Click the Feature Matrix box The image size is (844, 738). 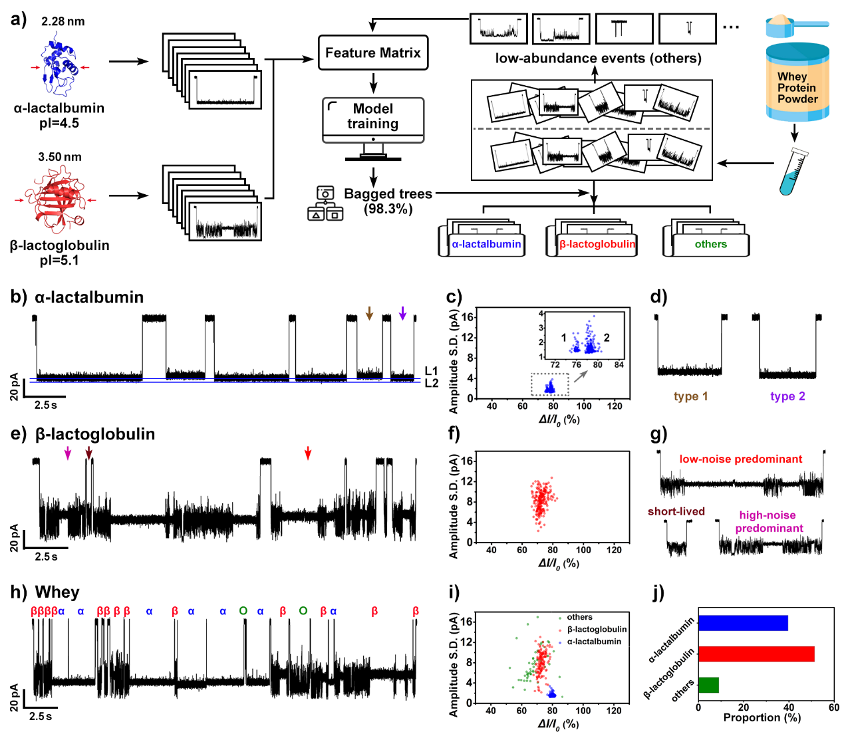[372, 53]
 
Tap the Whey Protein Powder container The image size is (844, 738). [797, 83]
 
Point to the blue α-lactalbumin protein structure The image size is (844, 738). [59, 66]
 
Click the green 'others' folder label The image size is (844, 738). [710, 244]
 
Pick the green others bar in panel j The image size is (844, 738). [708, 685]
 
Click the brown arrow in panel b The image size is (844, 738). [370, 313]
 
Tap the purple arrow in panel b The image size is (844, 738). [402, 313]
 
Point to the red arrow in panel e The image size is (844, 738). [307, 453]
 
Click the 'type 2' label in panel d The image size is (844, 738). [787, 396]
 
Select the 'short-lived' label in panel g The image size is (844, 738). [676, 511]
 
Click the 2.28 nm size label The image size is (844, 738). [63, 21]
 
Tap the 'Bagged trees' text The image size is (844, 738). [388, 194]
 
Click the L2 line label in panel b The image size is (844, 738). [432, 383]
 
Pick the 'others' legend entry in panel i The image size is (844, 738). [579, 617]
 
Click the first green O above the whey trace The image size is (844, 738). [243, 611]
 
